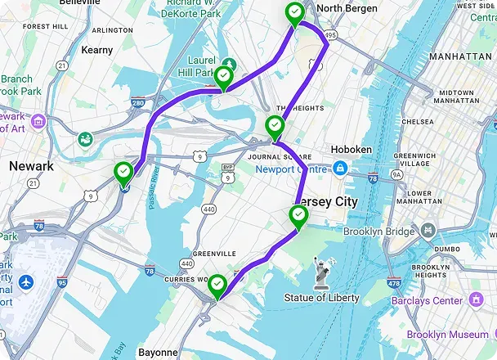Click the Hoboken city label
[x=351, y=150]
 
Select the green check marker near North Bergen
[x=293, y=13]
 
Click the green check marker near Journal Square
[x=275, y=126]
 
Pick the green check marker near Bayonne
[x=217, y=286]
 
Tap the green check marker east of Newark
[x=123, y=173]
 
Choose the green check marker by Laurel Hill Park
[x=223, y=78]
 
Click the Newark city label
[x=31, y=166]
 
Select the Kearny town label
[x=98, y=50]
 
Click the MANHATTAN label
[x=460, y=56]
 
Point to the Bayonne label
[x=159, y=353]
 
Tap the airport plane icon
[x=27, y=282]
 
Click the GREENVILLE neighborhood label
[x=213, y=254]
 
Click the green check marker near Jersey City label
[x=299, y=217]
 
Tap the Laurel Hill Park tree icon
[x=231, y=63]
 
